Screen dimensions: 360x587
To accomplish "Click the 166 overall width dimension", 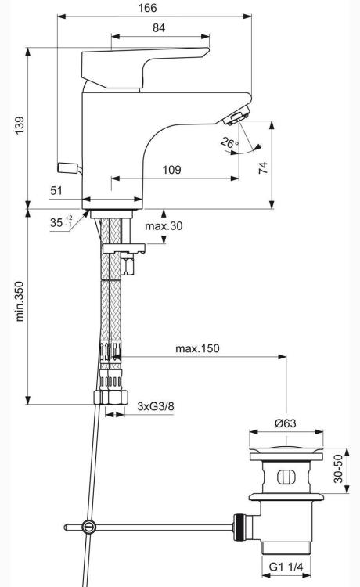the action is pyautogui.click(x=148, y=8).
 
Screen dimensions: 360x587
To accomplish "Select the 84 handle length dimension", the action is pyautogui.click(x=159, y=27).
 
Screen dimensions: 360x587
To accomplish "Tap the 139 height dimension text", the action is pyautogui.click(x=20, y=125).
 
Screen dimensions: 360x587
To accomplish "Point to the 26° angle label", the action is pyautogui.click(x=229, y=142).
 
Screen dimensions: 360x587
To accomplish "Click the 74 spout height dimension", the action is pyautogui.click(x=264, y=167).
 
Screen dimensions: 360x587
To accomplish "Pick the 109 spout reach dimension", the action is pyautogui.click(x=171, y=170).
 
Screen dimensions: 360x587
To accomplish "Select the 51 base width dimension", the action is pyautogui.click(x=56, y=190).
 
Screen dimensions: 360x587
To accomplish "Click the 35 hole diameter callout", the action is pyautogui.click(x=61, y=222).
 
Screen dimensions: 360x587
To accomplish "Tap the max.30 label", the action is pyautogui.click(x=164, y=225).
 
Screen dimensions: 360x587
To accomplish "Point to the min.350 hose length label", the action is pyautogui.click(x=20, y=301).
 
